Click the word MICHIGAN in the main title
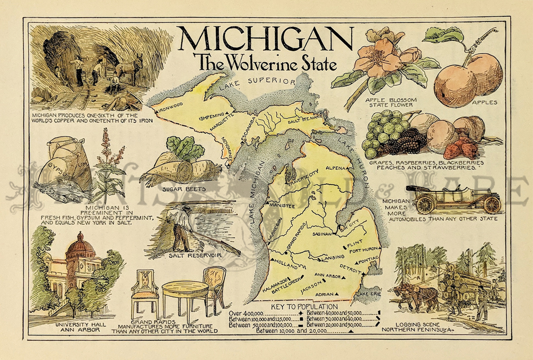pos(265,38)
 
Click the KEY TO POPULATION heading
pos(304,307)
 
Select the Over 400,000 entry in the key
pos(248,314)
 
